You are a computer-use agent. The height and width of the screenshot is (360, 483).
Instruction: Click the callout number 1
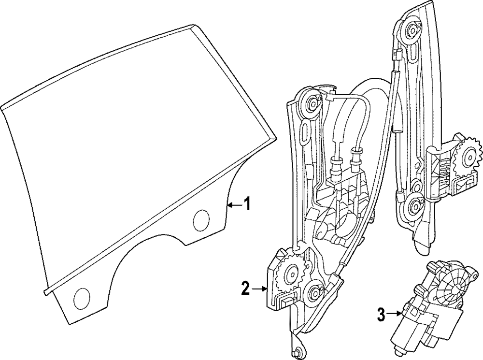246,204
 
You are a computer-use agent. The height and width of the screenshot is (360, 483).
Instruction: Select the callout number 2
246,289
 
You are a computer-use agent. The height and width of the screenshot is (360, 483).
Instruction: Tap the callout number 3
382,315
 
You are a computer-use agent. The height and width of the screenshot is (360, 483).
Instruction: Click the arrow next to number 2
260,289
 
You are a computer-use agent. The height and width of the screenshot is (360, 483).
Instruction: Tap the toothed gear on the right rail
468,155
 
